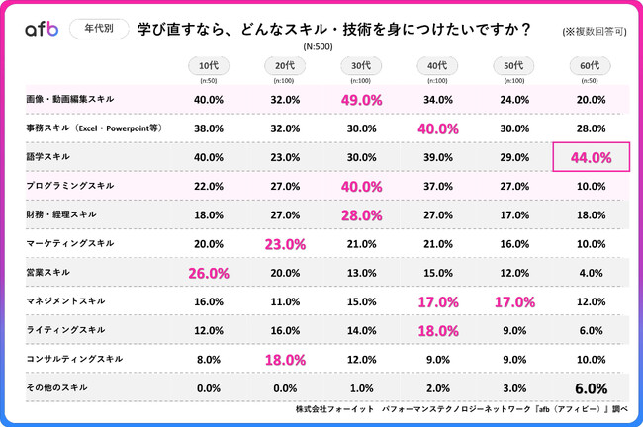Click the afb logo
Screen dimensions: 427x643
click(x=43, y=30)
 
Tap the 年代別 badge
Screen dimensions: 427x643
click(x=99, y=30)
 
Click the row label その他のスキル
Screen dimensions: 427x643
click(x=57, y=386)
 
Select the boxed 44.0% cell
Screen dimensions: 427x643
click(x=590, y=156)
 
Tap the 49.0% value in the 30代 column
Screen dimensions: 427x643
click(x=361, y=99)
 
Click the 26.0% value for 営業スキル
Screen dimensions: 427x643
click(x=209, y=272)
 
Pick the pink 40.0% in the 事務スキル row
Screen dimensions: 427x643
click(x=437, y=128)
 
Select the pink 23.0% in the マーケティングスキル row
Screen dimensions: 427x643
click(x=285, y=243)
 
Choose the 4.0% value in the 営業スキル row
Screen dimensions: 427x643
click(x=590, y=272)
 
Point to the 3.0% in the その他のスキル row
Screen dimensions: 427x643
click(x=513, y=386)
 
